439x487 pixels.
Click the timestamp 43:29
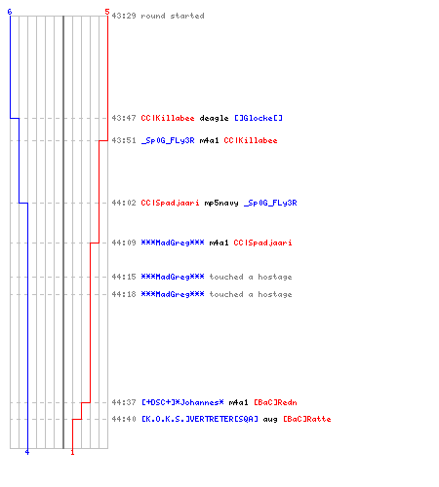[124, 16]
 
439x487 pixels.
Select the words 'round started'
[173, 16]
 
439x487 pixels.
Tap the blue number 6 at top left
[10, 12]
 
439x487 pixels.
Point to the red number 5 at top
[107, 12]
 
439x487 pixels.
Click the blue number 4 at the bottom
[27, 452]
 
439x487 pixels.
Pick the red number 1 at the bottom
[72, 452]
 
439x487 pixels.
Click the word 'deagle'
[214, 118]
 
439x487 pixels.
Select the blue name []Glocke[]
[259, 118]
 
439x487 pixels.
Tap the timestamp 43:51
[124, 140]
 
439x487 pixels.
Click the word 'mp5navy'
[221, 204]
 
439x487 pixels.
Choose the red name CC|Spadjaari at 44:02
[170, 203]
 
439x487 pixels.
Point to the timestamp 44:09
[124, 243]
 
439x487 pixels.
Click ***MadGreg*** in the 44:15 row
[173, 277]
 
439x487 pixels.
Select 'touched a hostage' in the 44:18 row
[251, 294]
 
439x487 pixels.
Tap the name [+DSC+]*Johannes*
[182, 402]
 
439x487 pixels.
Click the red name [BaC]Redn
[275, 402]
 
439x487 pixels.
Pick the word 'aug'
[270, 420]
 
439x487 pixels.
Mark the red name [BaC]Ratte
[307, 419]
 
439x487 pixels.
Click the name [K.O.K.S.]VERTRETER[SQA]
[200, 419]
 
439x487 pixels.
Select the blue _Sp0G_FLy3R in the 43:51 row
[168, 140]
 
